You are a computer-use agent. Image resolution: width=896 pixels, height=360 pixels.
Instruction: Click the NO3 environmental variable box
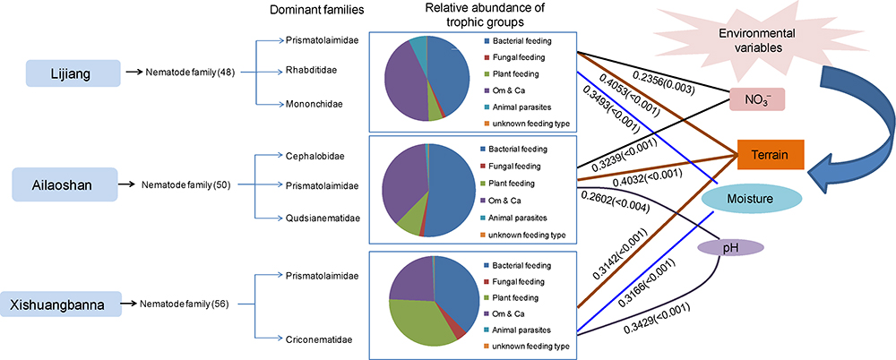point(759,99)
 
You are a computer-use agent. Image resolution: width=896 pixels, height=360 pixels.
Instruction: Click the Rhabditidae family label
point(312,72)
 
